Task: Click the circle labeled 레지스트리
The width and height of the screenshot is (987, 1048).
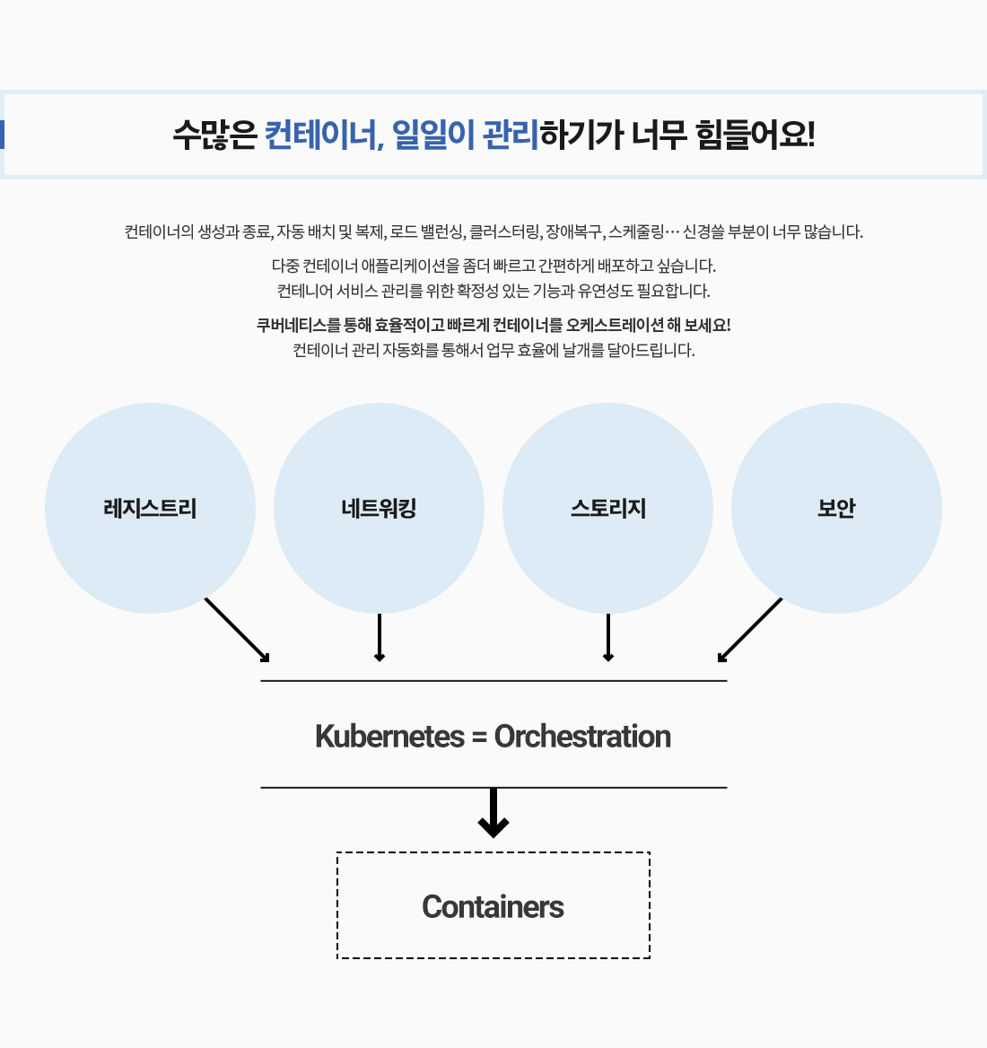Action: pyautogui.click(x=150, y=509)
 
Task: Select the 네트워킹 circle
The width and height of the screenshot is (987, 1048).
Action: pyautogui.click(x=379, y=509)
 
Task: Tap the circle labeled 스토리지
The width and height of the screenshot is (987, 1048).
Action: pyautogui.click(x=607, y=509)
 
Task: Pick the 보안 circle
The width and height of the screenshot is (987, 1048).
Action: pyautogui.click(x=836, y=509)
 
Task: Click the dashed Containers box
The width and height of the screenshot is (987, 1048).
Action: pyautogui.click(x=493, y=906)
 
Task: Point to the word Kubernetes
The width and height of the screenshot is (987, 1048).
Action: pyautogui.click(x=389, y=737)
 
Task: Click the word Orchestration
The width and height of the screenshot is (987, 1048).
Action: pyautogui.click(x=582, y=737)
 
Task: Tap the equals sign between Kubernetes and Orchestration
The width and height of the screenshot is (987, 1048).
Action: pyautogui.click(x=478, y=738)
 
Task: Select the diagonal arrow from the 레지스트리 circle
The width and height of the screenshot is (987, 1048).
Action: pyautogui.click(x=237, y=630)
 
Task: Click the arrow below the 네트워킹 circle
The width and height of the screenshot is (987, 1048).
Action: pyautogui.click(x=380, y=638)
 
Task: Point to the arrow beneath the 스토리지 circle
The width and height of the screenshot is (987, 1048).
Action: pyautogui.click(x=608, y=638)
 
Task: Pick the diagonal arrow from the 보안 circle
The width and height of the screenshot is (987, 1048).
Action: pyautogui.click(x=750, y=630)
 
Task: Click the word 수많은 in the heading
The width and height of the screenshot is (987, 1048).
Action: pyautogui.click(x=214, y=135)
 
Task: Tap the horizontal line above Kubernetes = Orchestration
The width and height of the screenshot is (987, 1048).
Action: pyautogui.click(x=493, y=681)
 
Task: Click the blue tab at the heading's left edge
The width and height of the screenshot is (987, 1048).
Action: pyautogui.click(x=3, y=135)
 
